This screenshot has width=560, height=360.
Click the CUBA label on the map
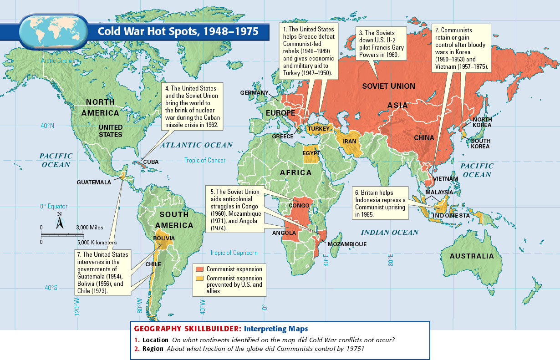tap(151, 162)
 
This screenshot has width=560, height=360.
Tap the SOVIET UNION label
tap(388, 86)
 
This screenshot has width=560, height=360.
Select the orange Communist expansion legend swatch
tap(199, 269)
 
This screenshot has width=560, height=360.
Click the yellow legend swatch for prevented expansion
tap(199, 278)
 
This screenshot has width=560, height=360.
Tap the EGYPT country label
tap(311, 153)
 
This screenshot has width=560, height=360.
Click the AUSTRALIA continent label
tap(472, 256)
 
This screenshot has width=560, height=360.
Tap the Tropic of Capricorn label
tap(233, 253)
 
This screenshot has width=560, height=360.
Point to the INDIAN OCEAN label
tap(389, 233)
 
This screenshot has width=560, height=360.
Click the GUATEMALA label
tap(94, 182)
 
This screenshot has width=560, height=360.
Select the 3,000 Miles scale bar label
tap(89, 227)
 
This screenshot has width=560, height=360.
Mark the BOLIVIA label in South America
tap(164, 238)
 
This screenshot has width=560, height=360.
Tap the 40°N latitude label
tap(46, 126)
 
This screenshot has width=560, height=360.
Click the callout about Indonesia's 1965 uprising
tap(380, 203)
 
